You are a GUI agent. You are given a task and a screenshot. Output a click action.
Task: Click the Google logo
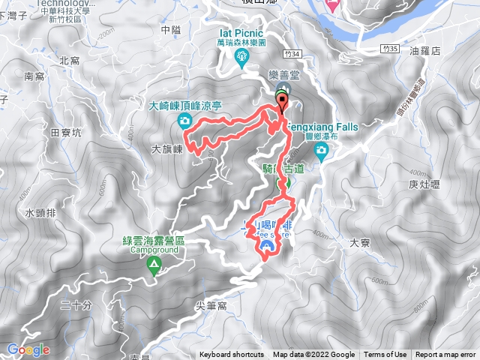click(28, 349)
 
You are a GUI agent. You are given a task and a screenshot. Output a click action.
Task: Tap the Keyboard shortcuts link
click(232, 355)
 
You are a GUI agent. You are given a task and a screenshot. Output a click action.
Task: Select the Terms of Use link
click(385, 355)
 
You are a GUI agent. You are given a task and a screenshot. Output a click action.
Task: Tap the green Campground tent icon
click(154, 264)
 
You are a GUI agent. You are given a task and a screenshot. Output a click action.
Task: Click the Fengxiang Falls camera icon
click(322, 152)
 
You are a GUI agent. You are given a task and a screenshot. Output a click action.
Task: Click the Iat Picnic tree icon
click(244, 64)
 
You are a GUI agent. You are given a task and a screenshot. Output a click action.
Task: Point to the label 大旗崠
click(168, 149)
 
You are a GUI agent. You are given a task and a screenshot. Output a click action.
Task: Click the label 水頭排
click(40, 213)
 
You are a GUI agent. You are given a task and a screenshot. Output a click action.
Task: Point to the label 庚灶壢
click(424, 184)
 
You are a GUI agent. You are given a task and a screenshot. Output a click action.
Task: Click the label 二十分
click(76, 304)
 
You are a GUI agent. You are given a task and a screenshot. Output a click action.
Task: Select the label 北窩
click(69, 60)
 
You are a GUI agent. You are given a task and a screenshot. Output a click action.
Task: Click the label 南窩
click(34, 76)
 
